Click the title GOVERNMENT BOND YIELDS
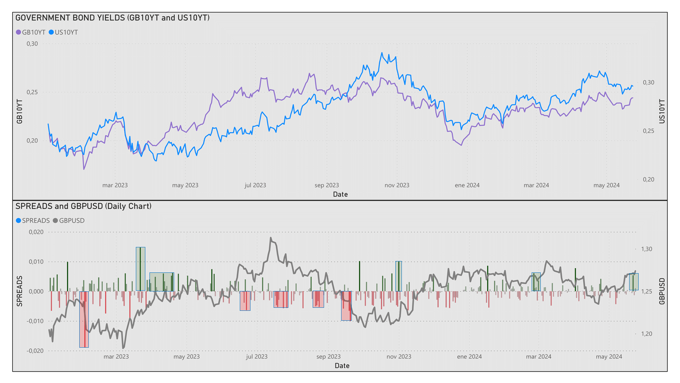[112, 18]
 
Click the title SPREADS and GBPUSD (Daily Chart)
[83, 206]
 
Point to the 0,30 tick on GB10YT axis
[32, 44]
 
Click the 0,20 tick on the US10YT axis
[649, 179]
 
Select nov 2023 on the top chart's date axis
[397, 185]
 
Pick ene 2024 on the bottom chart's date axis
[469, 357]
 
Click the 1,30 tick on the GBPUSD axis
[647, 249]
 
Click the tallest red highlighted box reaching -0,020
[84, 319]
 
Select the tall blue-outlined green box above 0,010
[140, 269]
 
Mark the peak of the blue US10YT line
[382, 53]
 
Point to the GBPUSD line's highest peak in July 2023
[271, 238]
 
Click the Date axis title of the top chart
[340, 195]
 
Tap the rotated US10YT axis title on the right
[662, 111]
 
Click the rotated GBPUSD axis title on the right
[662, 291]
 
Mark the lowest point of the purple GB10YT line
[84, 169]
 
